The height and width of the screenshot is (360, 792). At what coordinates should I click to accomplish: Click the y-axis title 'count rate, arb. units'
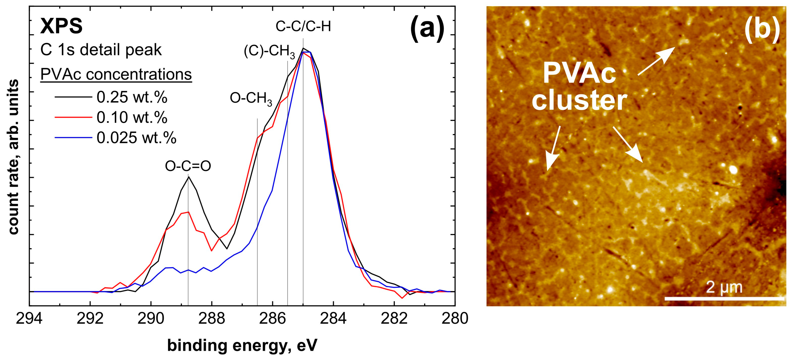(14, 157)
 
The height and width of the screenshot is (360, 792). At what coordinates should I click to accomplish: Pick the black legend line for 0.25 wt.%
(73, 97)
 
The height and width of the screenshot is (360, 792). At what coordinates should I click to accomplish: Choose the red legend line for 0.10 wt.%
(73, 117)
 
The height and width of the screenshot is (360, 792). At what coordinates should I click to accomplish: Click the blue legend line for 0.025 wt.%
(73, 137)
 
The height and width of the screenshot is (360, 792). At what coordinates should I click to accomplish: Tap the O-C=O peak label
(188, 166)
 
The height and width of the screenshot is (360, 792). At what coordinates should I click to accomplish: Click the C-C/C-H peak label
(303, 27)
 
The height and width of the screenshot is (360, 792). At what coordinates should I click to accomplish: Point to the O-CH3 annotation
(251, 100)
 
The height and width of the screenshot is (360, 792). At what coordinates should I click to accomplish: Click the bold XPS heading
(62, 26)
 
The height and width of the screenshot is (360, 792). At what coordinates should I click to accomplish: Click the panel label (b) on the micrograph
(762, 30)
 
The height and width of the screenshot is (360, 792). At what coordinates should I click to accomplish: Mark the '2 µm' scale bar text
(724, 287)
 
